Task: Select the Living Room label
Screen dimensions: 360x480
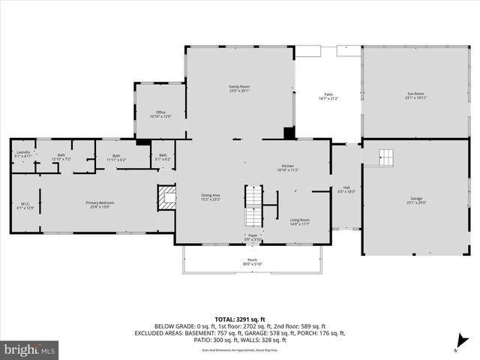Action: tap(300, 221)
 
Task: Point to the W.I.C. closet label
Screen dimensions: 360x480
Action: tap(25, 205)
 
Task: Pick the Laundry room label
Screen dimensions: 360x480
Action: tap(22, 154)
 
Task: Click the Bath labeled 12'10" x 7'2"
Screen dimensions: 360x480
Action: tap(61, 157)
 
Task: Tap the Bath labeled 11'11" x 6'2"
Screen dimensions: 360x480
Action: tap(116, 157)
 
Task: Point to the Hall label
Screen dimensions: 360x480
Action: tap(346, 190)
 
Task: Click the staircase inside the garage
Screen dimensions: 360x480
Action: tap(385, 157)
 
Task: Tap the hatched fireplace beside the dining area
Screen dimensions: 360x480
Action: tap(166, 198)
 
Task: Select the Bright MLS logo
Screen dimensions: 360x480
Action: tap(30, 349)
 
